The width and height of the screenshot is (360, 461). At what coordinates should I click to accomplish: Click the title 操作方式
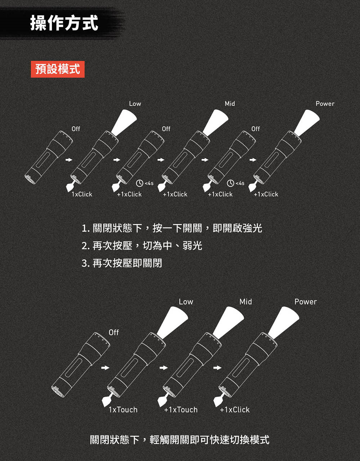pos(64,23)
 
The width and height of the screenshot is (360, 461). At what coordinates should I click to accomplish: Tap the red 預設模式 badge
pos(58,69)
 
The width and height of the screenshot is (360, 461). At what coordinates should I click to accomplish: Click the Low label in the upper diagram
pos(135,104)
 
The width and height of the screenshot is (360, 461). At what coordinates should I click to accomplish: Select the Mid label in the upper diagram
pos(230,104)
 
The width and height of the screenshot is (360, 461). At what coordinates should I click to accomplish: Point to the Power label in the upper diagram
pos(325,104)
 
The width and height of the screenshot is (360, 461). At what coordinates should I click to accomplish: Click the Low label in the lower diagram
pos(186,302)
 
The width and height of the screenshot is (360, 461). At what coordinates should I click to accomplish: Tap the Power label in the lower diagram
pos(306,302)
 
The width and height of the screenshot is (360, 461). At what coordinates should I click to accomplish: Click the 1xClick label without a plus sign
pos(82,194)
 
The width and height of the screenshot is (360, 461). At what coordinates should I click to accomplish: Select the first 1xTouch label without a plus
pos(123,410)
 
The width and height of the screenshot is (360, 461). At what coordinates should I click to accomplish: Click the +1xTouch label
pos(181,410)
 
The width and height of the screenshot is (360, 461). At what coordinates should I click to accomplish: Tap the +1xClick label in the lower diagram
pos(235,410)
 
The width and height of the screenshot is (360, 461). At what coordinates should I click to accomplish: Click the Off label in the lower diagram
pos(114,333)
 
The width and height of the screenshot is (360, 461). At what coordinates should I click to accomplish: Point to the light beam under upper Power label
pos(307,122)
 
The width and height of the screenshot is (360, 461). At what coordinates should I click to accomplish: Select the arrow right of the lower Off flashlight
pos(105,368)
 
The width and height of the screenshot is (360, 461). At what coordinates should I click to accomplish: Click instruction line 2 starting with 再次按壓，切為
pos(142,246)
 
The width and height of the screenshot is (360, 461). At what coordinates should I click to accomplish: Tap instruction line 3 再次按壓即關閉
pos(122,263)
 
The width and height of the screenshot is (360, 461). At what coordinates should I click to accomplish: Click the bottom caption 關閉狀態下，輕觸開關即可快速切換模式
pos(180,439)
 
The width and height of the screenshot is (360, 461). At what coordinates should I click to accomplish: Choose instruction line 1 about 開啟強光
pos(172,228)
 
